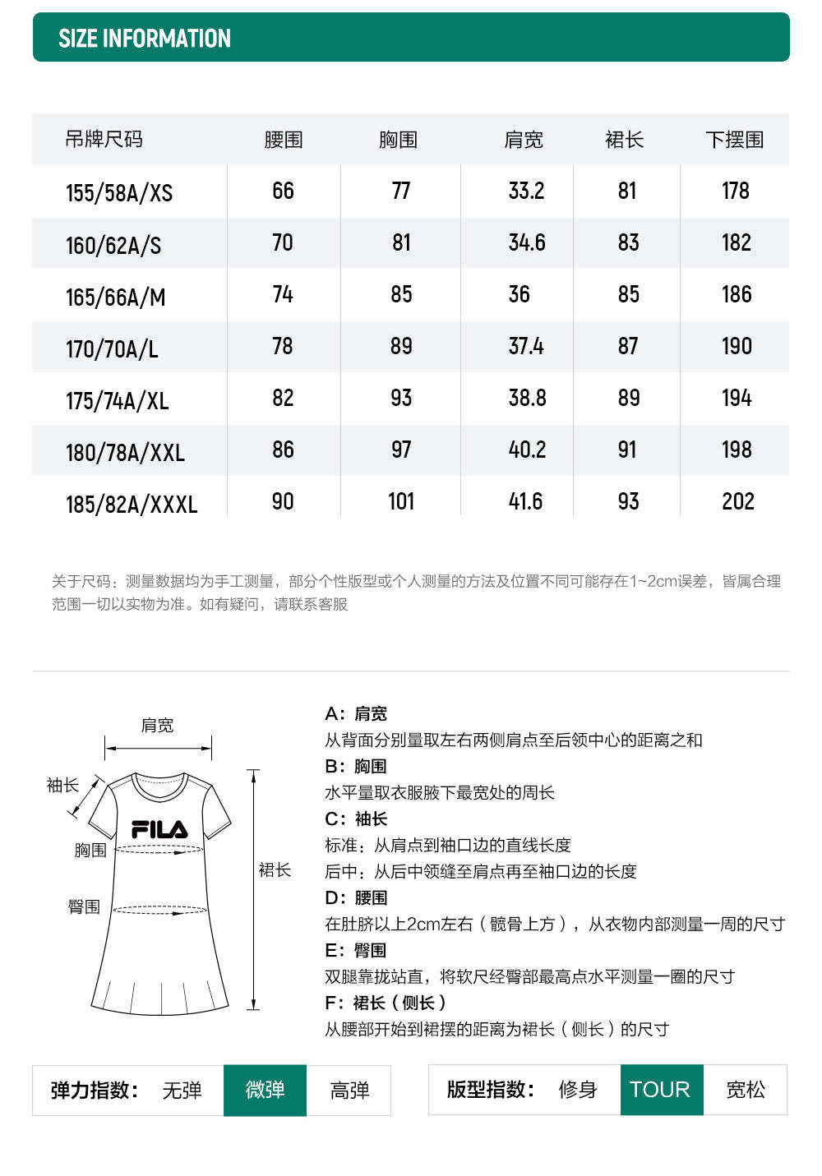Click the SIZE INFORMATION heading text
(x=145, y=39)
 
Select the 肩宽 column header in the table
(x=524, y=140)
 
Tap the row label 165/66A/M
(x=115, y=297)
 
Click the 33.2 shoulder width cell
(x=526, y=191)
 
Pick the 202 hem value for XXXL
(x=737, y=501)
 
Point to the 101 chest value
(x=401, y=501)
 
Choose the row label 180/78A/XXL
(x=125, y=452)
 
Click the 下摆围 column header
(x=734, y=140)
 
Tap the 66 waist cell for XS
(x=283, y=191)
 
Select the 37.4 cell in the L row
(x=526, y=346)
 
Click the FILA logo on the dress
(x=159, y=829)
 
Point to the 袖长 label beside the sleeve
(x=62, y=785)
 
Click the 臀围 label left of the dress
(x=84, y=906)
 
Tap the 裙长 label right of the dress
(x=275, y=869)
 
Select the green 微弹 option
(x=265, y=1090)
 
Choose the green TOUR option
(x=661, y=1090)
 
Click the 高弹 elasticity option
(x=349, y=1090)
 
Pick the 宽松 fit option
(x=745, y=1090)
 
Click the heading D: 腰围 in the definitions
(x=356, y=897)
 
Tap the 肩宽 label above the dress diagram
(x=157, y=725)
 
